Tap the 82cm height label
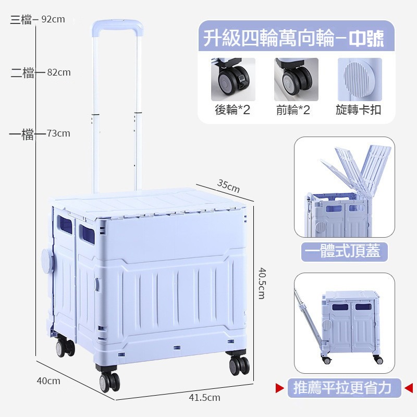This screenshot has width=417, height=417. (58, 72)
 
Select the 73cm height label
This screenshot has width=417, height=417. (58, 133)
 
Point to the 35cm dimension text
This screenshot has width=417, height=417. (228, 185)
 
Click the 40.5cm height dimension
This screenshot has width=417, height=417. (262, 283)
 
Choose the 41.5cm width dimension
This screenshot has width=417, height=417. (204, 398)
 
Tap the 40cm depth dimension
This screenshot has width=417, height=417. (48, 381)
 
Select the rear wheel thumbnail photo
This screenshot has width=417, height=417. (233, 79)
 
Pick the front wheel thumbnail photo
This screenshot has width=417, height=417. (296, 79)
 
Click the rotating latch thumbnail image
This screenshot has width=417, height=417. (360, 79)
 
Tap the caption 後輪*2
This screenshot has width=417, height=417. (232, 110)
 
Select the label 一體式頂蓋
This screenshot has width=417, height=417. (344, 252)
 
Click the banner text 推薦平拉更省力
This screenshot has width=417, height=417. (344, 388)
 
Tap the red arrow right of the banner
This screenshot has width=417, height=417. (408, 387)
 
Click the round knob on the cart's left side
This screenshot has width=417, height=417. (47, 259)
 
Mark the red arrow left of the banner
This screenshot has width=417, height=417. (280, 387)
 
